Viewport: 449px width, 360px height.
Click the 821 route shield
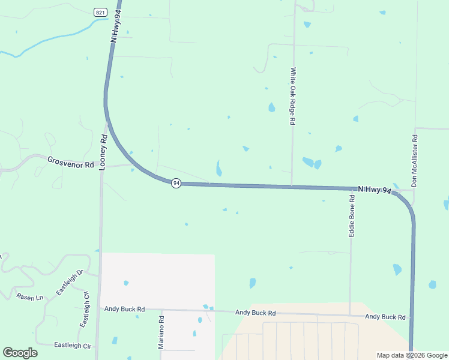coord(100,12)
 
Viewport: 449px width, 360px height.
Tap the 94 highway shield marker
coord(175,183)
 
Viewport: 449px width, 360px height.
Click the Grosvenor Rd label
coord(71,163)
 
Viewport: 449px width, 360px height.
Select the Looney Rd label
coord(103,151)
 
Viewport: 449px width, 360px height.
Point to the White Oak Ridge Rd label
coord(293,96)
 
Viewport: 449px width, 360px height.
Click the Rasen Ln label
coord(30,297)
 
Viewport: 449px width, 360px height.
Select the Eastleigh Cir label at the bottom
coord(73,346)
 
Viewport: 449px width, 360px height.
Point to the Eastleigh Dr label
coord(68,282)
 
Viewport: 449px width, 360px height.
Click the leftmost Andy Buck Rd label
coord(124,309)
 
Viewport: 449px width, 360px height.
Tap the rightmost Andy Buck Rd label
coord(385,317)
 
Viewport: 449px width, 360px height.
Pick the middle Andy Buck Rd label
coord(255,313)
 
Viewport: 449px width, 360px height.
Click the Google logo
coord(20,353)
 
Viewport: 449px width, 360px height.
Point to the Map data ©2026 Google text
coord(411,355)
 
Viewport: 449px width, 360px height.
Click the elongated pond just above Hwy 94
coord(218,168)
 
